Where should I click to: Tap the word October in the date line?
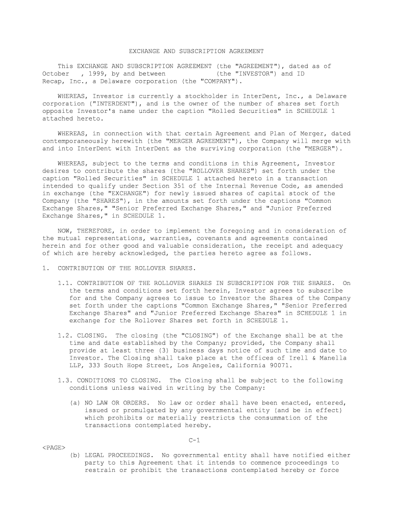pos(55,74)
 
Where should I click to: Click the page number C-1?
pos(193,440)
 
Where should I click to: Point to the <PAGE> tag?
pos(53,447)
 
